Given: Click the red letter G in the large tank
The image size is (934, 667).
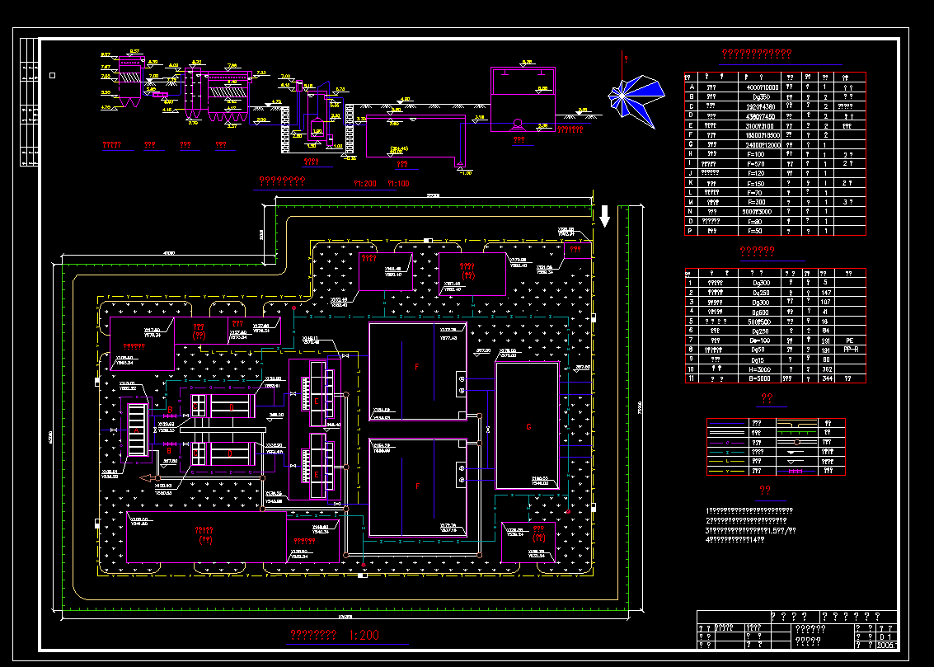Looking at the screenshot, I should (x=528, y=427).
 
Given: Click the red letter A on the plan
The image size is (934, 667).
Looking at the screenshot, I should (x=137, y=430).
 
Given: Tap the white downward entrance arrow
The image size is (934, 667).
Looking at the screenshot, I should (x=604, y=216).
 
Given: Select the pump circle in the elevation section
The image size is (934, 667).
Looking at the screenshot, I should (x=517, y=124).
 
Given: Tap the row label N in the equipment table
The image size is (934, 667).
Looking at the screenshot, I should (x=692, y=211).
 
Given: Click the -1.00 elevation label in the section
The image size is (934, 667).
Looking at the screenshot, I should (x=466, y=172).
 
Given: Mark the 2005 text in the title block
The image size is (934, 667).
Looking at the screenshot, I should (x=886, y=646).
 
